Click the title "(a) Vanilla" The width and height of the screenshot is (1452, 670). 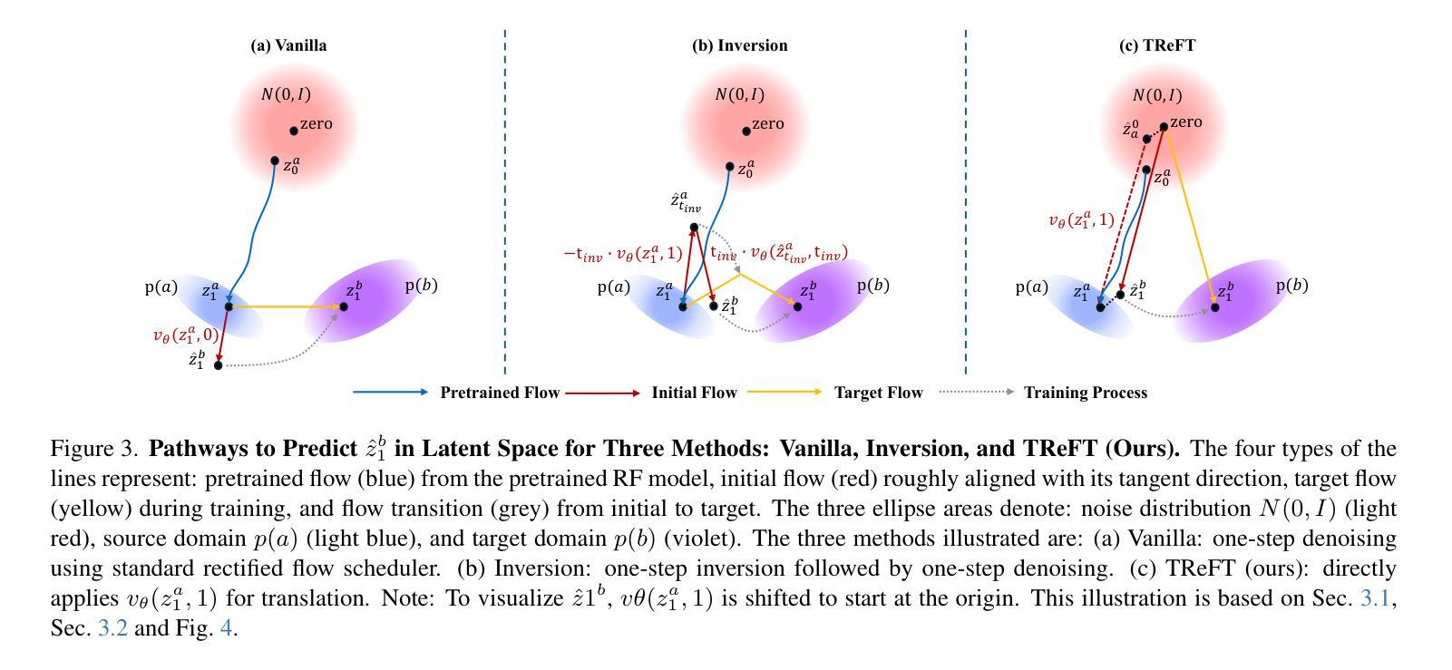(288, 45)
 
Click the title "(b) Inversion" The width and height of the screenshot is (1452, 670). (739, 45)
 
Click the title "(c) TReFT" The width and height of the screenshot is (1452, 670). (1157, 45)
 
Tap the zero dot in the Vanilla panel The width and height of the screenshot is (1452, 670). (294, 131)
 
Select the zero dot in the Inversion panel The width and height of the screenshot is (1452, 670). (746, 131)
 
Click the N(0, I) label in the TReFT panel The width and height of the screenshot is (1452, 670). (1157, 95)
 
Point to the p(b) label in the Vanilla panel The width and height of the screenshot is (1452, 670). (421, 286)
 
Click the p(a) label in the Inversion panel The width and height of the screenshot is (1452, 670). (613, 287)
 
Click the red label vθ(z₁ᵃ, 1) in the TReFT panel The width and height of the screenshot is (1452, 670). (1081, 220)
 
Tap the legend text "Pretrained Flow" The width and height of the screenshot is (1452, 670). (499, 393)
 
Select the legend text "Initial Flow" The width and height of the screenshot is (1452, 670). (694, 393)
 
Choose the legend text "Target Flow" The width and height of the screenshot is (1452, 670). (878, 393)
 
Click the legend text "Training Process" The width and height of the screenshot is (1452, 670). (1085, 393)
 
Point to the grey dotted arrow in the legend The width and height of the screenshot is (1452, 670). (976, 392)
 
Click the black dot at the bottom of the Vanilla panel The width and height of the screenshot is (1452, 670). (218, 365)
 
